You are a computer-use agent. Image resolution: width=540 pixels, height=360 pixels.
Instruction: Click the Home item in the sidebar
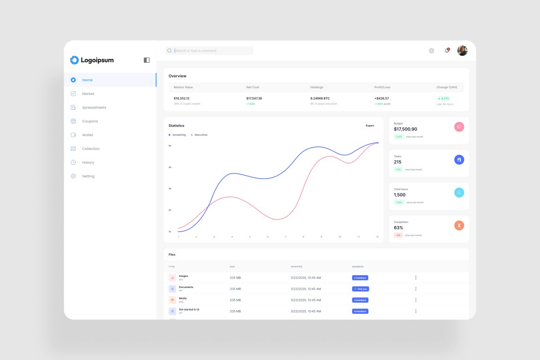pos(87,80)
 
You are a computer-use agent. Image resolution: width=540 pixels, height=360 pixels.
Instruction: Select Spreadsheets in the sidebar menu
pos(94,108)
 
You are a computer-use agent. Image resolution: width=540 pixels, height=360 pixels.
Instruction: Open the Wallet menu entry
pos(88,135)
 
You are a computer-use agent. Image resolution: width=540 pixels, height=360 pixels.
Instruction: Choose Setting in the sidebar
pos(88,176)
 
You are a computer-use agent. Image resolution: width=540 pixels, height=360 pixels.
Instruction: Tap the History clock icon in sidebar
pos(73,162)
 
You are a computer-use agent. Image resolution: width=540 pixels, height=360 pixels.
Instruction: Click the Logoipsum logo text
pos(97,60)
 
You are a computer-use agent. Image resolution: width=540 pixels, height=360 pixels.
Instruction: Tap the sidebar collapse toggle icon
pos(147,60)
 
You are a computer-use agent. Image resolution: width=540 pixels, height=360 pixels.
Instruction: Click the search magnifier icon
pos(169,51)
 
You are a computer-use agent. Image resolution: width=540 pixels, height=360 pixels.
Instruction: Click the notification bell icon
pos(447,51)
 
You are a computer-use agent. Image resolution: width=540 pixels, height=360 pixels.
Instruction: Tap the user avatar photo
pos(462,51)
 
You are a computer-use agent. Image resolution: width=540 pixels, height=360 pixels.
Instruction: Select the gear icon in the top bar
pos(432,51)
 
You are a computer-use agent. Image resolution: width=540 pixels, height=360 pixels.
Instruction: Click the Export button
pos(370,126)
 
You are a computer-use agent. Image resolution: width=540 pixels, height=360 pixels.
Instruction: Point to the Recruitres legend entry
pos(201,135)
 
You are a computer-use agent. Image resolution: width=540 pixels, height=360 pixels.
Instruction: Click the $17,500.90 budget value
pos(405,129)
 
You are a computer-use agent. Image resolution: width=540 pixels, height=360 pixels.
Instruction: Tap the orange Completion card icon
pos(459,225)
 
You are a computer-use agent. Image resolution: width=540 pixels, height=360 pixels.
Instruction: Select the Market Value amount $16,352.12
pos(181,98)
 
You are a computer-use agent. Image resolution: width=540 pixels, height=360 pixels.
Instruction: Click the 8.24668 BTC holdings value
pos(320,98)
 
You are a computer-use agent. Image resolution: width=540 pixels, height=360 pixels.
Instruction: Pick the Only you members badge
pos(360,289)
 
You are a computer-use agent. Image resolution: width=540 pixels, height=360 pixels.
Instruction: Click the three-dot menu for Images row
pos(415,278)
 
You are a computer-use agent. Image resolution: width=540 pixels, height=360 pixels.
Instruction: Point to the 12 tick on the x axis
pos(377,237)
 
